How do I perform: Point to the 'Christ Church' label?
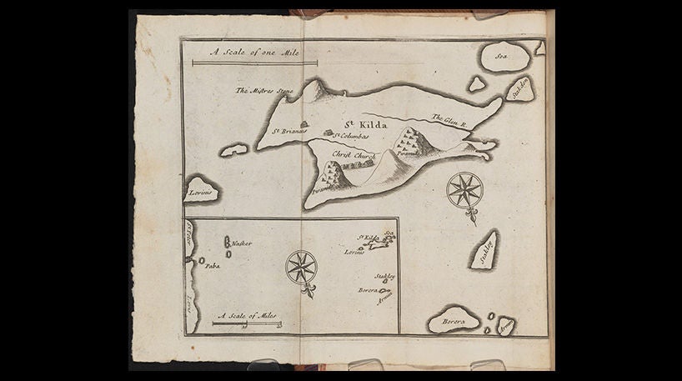coord(354,156)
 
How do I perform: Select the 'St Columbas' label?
coord(351,135)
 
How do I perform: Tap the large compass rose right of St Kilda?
coord(465,189)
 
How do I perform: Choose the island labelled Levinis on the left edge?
coord(200,191)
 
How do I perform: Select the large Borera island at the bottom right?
coord(454,319)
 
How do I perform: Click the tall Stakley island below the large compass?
coord(485,250)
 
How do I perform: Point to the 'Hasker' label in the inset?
coord(243,243)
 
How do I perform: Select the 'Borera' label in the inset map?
coord(368,290)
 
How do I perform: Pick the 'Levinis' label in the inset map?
coord(354,253)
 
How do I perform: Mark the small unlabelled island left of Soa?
coord(476,83)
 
